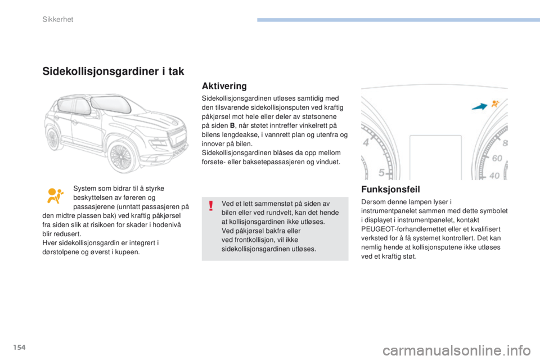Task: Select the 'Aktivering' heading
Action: tap(224, 87)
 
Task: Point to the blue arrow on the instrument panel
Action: tap(478, 107)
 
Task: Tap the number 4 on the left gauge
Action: tap(366, 143)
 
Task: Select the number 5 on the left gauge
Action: tap(382, 172)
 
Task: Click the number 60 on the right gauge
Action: tap(497, 159)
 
